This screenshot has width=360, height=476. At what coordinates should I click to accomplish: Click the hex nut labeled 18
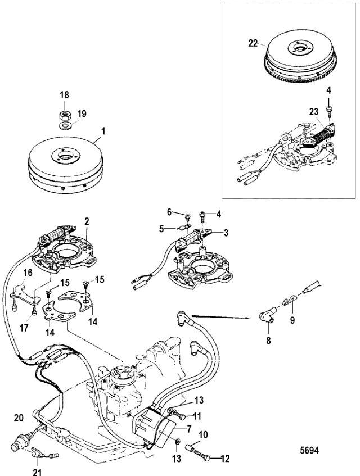pyautogui.click(x=64, y=115)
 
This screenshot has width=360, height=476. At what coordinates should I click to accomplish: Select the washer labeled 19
pyautogui.click(x=64, y=125)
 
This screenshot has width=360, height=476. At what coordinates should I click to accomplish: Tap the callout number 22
pyautogui.click(x=253, y=43)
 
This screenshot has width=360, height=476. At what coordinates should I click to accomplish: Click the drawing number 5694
pyautogui.click(x=309, y=450)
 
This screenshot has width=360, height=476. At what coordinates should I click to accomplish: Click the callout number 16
pyautogui.click(x=28, y=273)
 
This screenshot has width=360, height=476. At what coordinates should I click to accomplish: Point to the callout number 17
pyautogui.click(x=24, y=328)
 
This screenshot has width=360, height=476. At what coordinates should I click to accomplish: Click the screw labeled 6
pyautogui.click(x=187, y=216)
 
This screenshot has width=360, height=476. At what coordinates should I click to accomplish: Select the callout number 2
pyautogui.click(x=87, y=221)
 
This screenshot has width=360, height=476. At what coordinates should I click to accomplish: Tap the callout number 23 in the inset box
pyautogui.click(x=313, y=112)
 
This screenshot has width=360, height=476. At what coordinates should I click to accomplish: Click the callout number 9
pyautogui.click(x=292, y=320)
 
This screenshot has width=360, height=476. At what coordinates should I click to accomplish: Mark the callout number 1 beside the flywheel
pyautogui.click(x=103, y=131)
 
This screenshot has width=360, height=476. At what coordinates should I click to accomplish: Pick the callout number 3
pyautogui.click(x=226, y=233)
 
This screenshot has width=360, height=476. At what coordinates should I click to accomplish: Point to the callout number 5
pyautogui.click(x=161, y=228)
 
